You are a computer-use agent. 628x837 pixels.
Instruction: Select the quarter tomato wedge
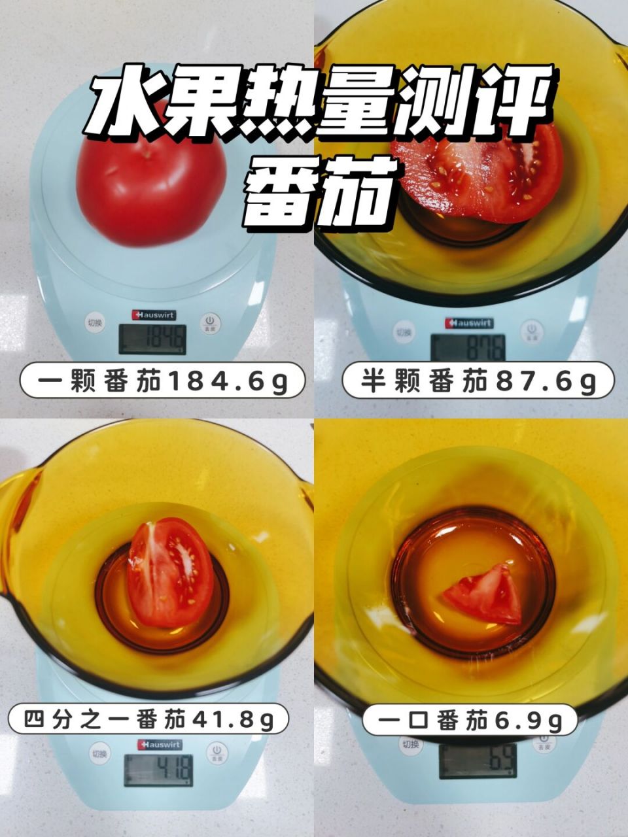click(x=170, y=572)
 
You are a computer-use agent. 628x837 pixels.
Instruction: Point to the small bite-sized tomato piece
click(x=484, y=594)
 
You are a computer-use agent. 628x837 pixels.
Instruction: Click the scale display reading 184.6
click(x=152, y=339)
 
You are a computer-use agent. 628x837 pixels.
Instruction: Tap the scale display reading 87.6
click(x=468, y=347)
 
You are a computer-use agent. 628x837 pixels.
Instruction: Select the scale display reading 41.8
click(x=159, y=770)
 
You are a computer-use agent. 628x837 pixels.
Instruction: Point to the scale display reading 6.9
click(x=478, y=760)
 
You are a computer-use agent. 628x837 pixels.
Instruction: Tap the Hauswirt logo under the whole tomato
click(x=154, y=315)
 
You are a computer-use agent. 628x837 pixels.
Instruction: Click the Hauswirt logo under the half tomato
click(x=469, y=323)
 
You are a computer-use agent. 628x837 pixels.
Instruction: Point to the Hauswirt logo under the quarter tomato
click(x=160, y=745)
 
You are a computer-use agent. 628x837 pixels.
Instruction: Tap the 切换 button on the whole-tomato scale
click(x=96, y=322)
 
